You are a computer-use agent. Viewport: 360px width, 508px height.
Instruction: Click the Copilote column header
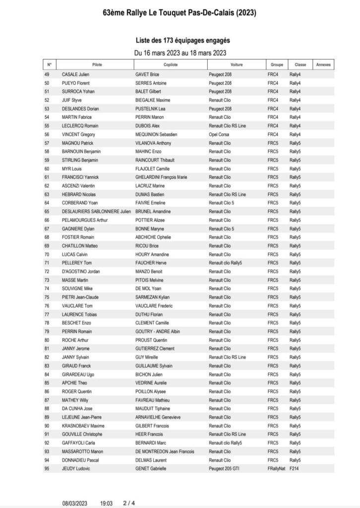coord(171,65)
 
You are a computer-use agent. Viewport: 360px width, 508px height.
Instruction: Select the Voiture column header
coord(237,65)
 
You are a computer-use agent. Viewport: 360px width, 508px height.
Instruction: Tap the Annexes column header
coord(323,65)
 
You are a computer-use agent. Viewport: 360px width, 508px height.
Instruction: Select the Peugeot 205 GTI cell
coord(225,468)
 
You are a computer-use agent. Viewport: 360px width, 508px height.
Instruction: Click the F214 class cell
coord(294,468)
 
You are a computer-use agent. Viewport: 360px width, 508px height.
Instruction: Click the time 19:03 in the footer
coord(107,502)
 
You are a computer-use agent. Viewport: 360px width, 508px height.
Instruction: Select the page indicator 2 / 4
coord(128,502)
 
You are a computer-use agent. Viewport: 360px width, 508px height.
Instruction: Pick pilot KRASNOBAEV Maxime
coord(83,426)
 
